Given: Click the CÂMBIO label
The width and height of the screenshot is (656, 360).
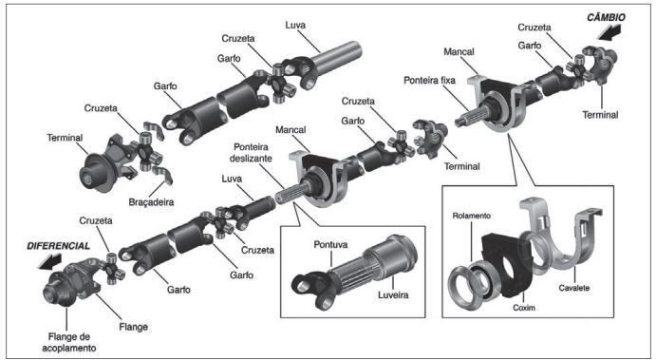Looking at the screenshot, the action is click(606, 18).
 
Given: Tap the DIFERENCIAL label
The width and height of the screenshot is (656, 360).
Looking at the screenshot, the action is click(58, 246).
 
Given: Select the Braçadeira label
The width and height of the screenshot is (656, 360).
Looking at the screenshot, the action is click(151, 202).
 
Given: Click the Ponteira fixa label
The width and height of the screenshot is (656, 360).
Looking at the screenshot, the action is click(429, 80).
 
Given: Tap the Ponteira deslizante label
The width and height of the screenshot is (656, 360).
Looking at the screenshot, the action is click(251, 153).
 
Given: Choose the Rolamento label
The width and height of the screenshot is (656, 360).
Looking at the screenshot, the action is click(471, 216).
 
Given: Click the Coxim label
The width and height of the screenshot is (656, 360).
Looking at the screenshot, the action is click(524, 308).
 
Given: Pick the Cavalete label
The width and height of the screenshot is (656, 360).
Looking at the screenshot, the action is click(574, 288).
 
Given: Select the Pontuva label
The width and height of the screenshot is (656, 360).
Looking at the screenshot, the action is click(330, 244).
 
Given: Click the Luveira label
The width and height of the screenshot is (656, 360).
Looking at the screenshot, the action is click(393, 294).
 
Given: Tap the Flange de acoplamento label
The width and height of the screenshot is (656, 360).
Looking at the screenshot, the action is click(68, 342).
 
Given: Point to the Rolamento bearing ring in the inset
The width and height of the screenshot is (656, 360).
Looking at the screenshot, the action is click(464, 286).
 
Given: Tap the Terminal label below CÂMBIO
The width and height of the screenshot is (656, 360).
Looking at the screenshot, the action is click(600, 115).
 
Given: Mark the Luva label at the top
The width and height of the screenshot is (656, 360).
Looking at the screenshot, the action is click(295, 25).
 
